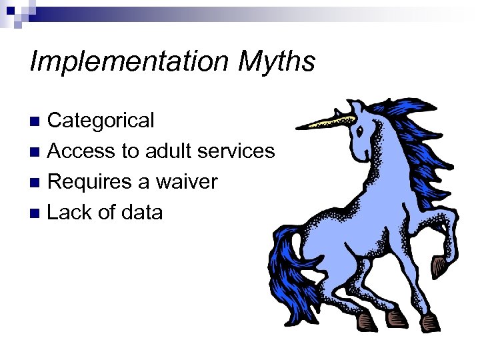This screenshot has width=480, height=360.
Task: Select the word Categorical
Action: [101, 121]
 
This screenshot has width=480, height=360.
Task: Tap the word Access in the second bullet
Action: [81, 151]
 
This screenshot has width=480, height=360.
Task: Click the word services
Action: [237, 151]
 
